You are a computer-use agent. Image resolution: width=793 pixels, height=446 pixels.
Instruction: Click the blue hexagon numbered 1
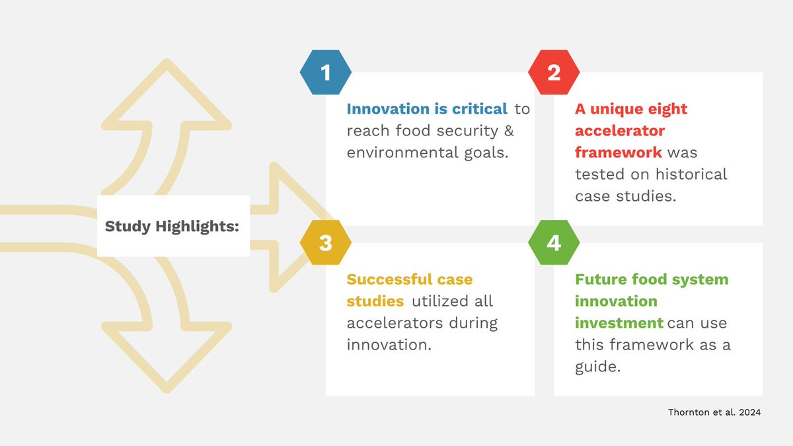coord(325,72)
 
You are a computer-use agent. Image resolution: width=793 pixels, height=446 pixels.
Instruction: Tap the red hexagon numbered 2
coord(554,72)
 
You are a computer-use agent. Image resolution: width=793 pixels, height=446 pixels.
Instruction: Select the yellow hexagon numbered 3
coord(325,243)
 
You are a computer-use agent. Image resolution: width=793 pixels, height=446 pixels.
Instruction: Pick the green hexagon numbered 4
coord(554,243)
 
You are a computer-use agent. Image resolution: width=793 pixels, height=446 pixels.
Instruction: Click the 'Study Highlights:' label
coord(172,226)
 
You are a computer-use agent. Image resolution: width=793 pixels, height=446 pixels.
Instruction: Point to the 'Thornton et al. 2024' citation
coord(714,412)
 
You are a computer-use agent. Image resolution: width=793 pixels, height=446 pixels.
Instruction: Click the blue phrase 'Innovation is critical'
coord(427,109)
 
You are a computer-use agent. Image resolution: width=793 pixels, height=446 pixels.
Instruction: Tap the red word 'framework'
coord(618,153)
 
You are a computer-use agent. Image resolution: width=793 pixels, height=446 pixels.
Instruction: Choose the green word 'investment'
coord(619,323)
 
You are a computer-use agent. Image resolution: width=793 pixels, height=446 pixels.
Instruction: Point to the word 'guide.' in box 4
coord(597,367)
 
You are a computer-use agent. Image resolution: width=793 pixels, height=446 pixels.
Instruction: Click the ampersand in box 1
coord(508,131)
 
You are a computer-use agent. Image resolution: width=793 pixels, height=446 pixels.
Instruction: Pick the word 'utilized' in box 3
coord(441,301)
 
